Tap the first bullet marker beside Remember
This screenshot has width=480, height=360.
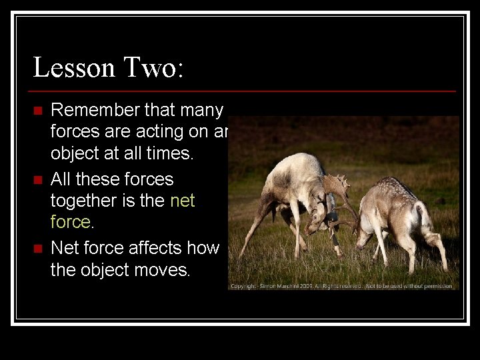(x=38, y=110)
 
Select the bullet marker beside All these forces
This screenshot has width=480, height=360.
(x=38, y=179)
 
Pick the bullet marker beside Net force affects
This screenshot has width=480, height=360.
(x=38, y=249)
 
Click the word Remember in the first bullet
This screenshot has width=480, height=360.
(x=97, y=110)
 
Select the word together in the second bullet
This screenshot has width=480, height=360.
(x=88, y=201)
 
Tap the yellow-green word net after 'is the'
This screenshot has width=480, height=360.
(x=182, y=201)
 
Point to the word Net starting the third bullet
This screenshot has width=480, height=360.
(x=65, y=248)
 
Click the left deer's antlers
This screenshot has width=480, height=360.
(x=337, y=187)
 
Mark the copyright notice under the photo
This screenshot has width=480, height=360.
(x=343, y=285)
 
